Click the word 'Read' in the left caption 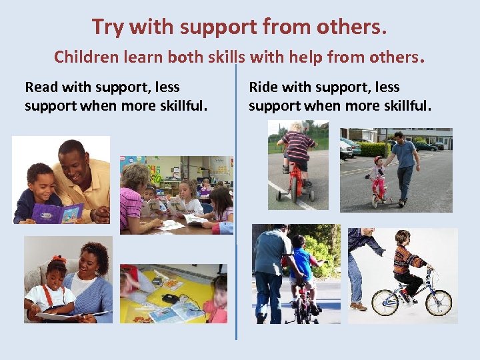(42, 87)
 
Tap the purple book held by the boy (57, 213)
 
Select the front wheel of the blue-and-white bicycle (438, 301)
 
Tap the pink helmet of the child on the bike (379, 161)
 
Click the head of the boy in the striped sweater (402, 238)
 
